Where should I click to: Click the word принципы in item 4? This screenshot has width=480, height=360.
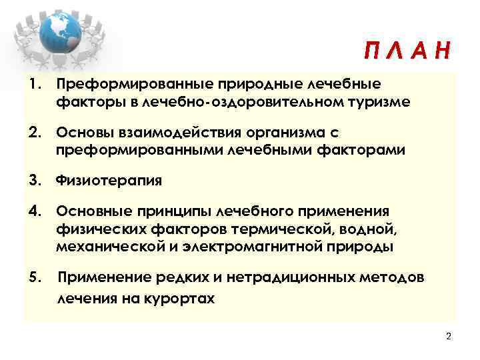pos(171,212)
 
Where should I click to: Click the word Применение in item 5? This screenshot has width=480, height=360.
pos(102,277)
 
